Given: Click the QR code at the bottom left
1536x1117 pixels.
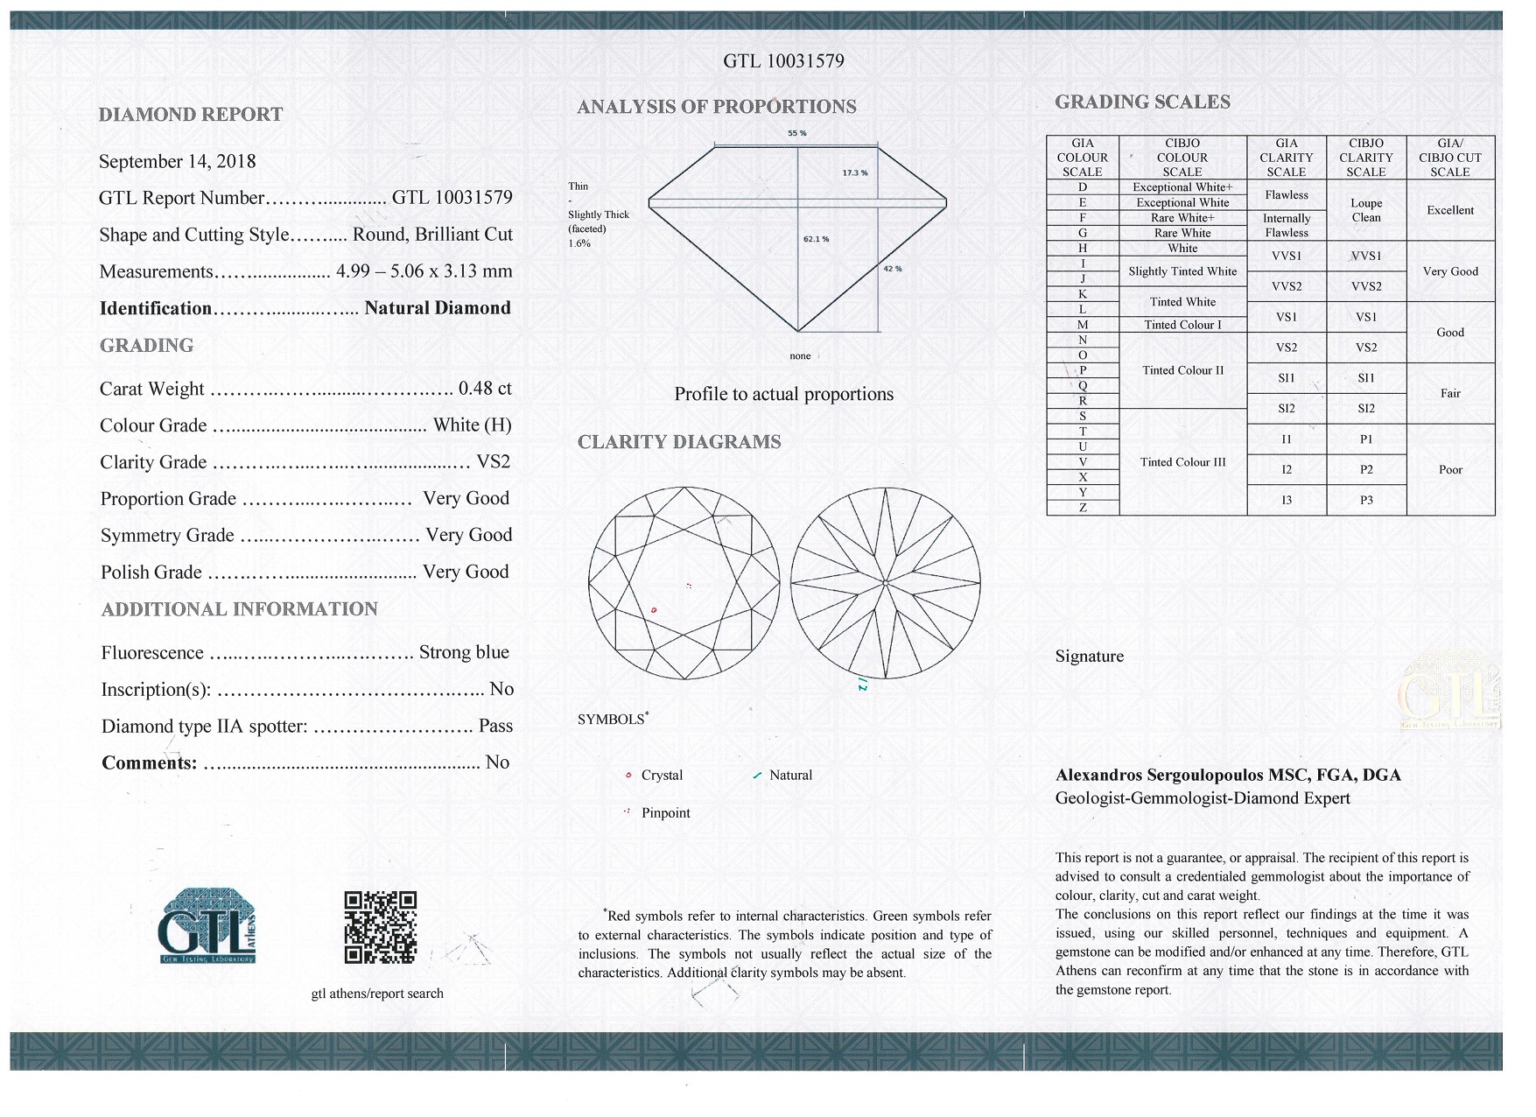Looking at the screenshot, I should [380, 927].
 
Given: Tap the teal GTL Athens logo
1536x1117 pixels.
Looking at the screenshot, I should [207, 926].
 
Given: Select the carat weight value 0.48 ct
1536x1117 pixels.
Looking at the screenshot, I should [485, 389].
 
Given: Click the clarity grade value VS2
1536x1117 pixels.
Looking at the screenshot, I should [493, 462].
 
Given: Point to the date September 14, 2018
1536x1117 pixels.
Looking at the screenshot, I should [178, 161].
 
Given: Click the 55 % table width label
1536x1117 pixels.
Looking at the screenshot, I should [796, 133].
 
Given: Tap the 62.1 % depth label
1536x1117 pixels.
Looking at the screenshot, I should [816, 239].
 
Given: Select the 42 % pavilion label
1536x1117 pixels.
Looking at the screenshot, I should [892, 269].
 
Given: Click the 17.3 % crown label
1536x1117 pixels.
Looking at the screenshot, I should [854, 172].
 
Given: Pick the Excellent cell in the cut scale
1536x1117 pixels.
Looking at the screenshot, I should [1449, 210].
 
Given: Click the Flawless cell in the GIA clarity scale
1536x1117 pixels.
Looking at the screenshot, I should [1286, 195].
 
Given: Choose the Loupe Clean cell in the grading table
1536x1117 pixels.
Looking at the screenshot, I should [1365, 210].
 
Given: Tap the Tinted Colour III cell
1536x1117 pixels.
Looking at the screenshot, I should [1182, 462].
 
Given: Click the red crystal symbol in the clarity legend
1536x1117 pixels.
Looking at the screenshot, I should [628, 776].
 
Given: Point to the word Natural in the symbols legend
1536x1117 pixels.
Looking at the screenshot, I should [790, 776].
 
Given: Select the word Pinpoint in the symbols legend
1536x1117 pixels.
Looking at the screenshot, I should [665, 813].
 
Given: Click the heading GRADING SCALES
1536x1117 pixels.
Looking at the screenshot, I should [1142, 102].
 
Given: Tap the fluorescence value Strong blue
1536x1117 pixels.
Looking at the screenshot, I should [464, 652].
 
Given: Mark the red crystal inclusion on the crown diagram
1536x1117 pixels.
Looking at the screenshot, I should [654, 610].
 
